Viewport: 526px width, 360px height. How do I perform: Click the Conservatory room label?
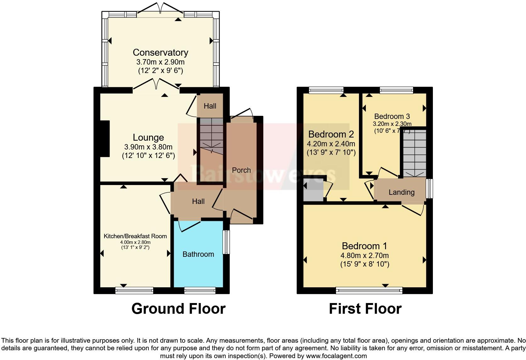click(160, 52)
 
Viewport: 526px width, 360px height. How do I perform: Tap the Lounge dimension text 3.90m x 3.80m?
click(148, 147)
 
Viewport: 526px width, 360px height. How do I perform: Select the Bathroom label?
click(198, 254)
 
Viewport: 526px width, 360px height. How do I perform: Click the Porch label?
click(241, 170)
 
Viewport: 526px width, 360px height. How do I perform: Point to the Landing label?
click(401, 192)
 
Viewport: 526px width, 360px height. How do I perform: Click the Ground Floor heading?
click(178, 309)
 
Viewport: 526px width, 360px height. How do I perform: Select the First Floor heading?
click(365, 309)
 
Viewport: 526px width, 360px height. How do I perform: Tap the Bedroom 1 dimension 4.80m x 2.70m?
click(365, 256)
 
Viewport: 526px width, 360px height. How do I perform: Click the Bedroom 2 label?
click(331, 134)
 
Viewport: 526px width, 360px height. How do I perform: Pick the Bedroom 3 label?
click(392, 116)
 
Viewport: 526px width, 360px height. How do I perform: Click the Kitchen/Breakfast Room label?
click(135, 236)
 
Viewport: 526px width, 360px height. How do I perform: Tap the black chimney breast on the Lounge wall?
click(105, 138)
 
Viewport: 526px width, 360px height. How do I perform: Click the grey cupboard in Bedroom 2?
click(313, 190)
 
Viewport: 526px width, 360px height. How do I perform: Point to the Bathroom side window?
click(226, 242)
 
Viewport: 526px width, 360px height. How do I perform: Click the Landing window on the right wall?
click(429, 188)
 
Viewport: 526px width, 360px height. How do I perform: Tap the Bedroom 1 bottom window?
click(369, 290)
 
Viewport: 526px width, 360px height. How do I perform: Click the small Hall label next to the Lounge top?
click(210, 106)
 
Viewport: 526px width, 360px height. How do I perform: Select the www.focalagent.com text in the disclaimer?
click(336, 356)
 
